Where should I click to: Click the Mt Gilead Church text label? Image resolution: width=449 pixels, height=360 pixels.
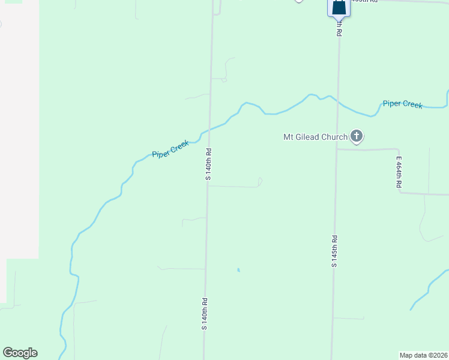(315, 137)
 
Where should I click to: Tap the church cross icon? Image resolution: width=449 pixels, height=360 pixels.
(357, 136)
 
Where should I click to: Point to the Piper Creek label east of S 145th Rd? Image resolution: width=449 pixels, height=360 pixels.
(403, 104)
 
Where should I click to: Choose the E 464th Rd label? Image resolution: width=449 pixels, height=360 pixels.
(398, 173)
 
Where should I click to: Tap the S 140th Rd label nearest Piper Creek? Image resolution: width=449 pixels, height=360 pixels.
(208, 161)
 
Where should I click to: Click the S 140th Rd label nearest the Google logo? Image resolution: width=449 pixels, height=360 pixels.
(204, 314)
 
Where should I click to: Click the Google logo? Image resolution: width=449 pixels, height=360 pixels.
(20, 353)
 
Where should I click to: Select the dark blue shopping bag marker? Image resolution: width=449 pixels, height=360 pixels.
(339, 7)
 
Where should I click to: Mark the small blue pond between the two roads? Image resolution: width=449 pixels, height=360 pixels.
(238, 270)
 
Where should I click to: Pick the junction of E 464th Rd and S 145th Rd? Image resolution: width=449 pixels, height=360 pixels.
(337, 149)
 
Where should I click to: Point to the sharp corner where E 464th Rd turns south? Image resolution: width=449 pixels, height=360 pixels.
(399, 149)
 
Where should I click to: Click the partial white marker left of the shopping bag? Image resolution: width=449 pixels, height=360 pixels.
(299, 1)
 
